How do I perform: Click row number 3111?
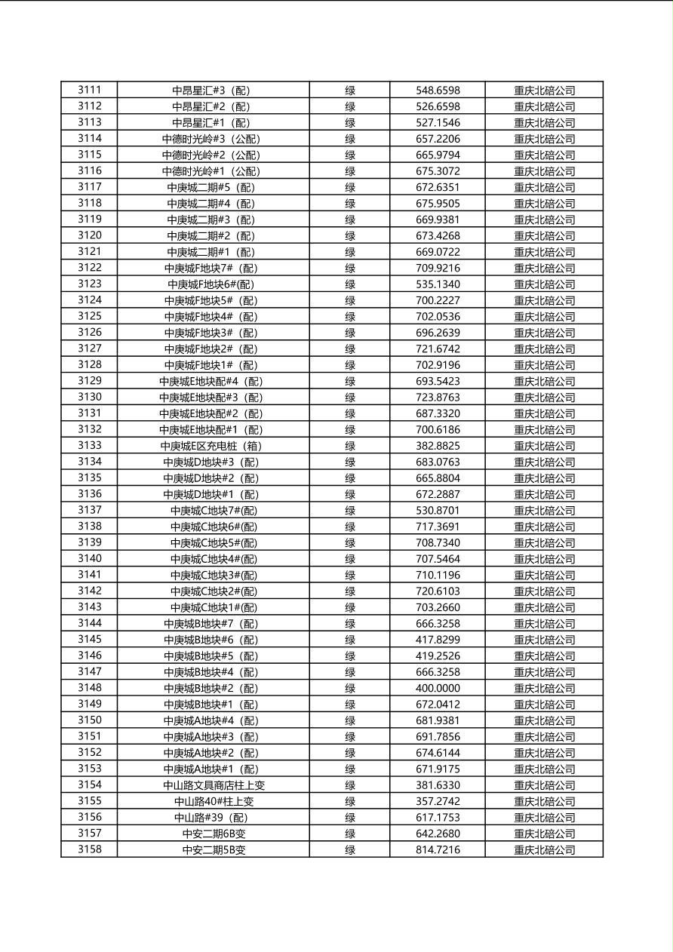[89, 90]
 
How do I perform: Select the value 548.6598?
[438, 91]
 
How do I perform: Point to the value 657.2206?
[438, 139]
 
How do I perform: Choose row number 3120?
[89, 235]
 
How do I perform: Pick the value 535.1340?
[438, 284]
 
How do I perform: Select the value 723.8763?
[438, 398]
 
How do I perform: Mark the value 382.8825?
[438, 446]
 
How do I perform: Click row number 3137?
[89, 510]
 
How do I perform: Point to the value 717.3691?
[438, 527]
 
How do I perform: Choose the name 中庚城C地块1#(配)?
[214, 607]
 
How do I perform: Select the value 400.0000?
[438, 688]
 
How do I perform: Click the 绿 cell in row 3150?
[350, 720]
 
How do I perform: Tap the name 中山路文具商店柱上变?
[214, 785]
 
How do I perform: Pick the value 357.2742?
[438, 801]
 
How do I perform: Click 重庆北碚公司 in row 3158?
[544, 850]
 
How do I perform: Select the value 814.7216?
[438, 850]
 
